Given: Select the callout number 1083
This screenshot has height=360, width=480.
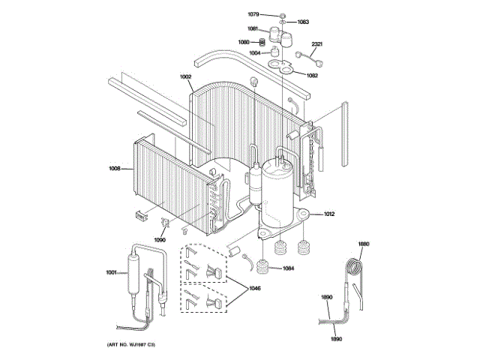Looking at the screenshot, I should [303, 22].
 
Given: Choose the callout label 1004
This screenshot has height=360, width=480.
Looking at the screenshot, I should [256, 53].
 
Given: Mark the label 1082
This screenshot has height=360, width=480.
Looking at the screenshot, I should [312, 75].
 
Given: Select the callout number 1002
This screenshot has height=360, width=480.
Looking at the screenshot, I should [186, 77].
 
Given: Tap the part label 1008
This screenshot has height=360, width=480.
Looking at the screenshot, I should [115, 168].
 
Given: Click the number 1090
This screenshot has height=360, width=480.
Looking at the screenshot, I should [159, 239].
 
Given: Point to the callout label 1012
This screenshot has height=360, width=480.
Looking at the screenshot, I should [328, 214].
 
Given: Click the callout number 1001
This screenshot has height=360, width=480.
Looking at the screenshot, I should [112, 271].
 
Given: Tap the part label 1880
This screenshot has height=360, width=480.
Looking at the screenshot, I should [364, 244].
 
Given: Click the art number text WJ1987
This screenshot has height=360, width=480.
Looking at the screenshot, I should [134, 344].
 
